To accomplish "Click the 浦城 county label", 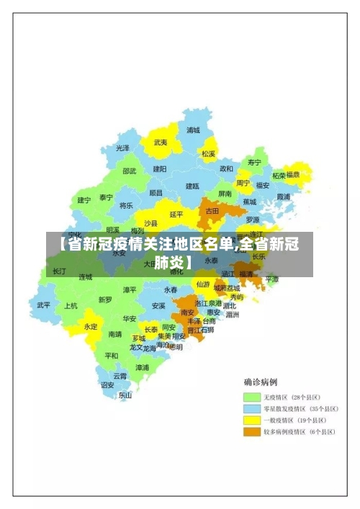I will tap(193, 130).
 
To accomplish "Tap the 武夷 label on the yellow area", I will tap(161, 143).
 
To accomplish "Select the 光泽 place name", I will tap(123, 148).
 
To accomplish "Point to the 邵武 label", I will tap(129, 171).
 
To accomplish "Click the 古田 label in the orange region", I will tap(212, 211).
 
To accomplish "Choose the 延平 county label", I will tap(176, 214).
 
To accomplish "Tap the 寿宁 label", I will tap(254, 163).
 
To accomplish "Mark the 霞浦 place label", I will tap(283, 197).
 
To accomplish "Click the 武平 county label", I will tap(44, 305).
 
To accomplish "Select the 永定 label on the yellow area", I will tap(91, 326).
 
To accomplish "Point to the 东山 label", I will tap(125, 395).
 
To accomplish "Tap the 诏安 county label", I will tap(107, 384).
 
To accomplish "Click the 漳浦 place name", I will tap(143, 367).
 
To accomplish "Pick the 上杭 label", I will tap(71, 305).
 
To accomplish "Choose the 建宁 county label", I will tap(84, 200).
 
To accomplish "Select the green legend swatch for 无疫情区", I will tap(251, 397).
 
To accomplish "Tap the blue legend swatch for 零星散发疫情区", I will tap(251, 409).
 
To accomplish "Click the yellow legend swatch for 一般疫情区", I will tap(251, 420).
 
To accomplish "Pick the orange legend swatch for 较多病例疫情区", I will tap(251, 432).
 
